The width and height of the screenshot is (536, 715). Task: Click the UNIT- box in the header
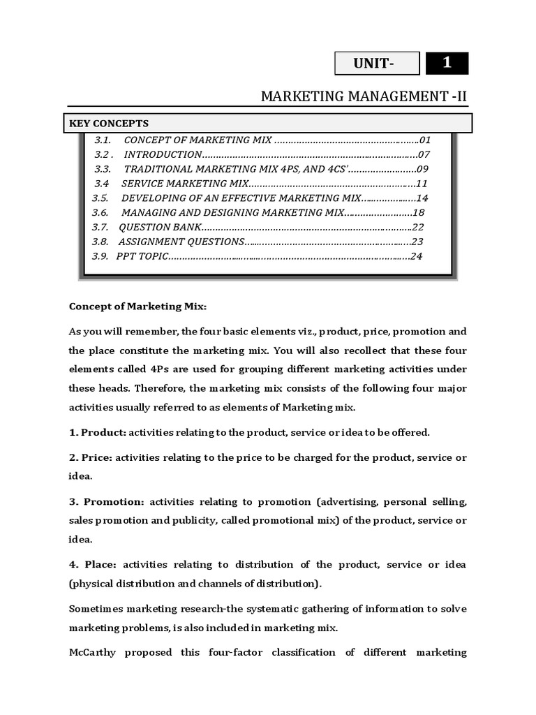point(377,64)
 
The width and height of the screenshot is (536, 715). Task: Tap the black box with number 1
point(447,63)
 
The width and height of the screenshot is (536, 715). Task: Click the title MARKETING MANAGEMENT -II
point(363,96)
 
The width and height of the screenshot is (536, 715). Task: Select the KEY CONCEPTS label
point(109,124)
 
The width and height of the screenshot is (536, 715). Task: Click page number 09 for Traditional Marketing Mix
point(423,169)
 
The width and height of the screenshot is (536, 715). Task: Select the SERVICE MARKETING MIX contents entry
point(184,184)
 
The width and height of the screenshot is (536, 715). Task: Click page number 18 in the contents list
point(419,213)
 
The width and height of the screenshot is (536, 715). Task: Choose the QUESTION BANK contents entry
point(160,227)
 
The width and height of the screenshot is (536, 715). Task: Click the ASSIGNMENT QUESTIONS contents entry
point(181,242)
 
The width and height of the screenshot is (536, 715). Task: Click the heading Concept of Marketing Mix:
point(138,307)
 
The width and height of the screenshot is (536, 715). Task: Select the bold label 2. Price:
point(91,457)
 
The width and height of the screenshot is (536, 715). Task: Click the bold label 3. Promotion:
point(107,502)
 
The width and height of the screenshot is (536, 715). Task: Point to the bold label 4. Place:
point(93,564)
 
